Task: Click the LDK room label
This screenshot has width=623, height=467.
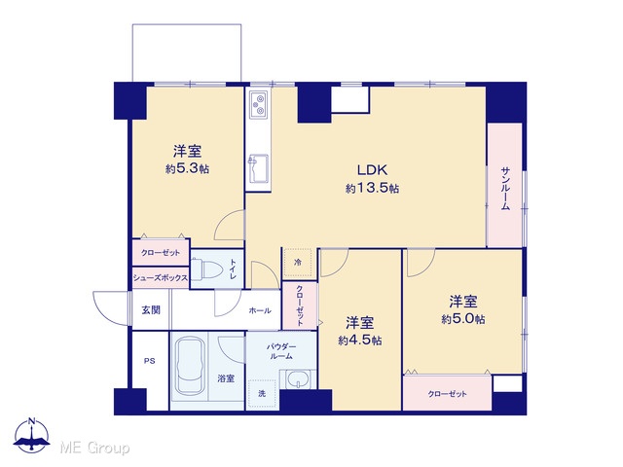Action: click(372, 170)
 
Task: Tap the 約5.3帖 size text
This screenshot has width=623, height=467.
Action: click(187, 168)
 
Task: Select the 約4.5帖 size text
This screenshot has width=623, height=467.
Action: click(360, 341)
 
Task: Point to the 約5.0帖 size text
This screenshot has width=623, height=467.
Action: click(463, 319)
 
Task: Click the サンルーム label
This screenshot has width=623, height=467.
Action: click(505, 188)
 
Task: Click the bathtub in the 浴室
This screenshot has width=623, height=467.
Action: click(190, 366)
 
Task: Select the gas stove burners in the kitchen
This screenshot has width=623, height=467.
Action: click(258, 104)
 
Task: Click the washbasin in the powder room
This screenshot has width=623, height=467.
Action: click(297, 379)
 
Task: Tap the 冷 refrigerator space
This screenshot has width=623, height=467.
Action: click(298, 263)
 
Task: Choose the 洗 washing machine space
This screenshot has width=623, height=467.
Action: click(262, 394)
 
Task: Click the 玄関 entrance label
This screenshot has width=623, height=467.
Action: click(151, 309)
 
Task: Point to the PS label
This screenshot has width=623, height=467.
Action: click(149, 361)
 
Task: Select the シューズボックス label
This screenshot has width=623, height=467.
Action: click(160, 278)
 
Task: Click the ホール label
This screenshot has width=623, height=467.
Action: click(260, 310)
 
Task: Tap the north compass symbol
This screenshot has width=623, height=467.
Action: click(32, 435)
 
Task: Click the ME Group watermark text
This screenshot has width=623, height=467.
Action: click(95, 448)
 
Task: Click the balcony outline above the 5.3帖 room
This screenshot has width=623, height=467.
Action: click(187, 24)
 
